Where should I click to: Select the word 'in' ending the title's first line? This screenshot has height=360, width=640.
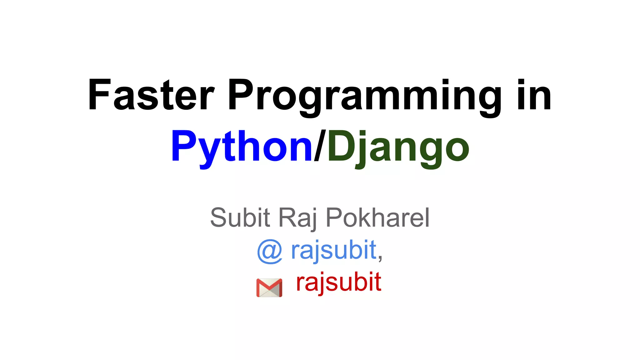(534, 95)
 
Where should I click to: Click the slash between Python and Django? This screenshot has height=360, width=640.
(320, 146)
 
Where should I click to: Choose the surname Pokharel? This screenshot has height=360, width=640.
(377, 217)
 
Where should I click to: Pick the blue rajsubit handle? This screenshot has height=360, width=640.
(333, 251)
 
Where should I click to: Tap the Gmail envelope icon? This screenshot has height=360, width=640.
(269, 287)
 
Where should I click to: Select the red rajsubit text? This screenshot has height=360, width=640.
(338, 282)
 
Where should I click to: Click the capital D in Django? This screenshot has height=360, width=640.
(341, 146)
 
